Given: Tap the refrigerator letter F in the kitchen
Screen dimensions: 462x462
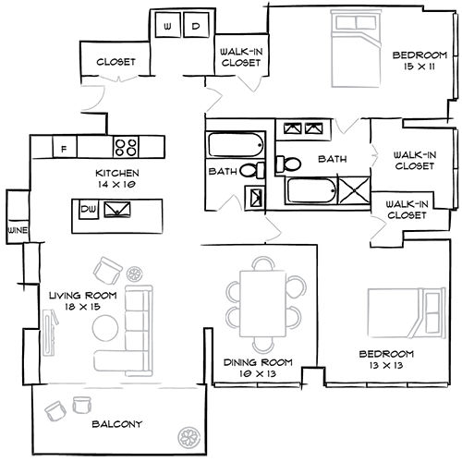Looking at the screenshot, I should coord(64,148).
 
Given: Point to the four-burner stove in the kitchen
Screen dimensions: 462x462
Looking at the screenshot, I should coord(126,146).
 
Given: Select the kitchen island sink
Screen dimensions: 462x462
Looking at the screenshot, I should coord(118,211).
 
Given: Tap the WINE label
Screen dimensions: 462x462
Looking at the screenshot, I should coord(16,228).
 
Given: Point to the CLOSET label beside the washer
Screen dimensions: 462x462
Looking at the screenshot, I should coord(115,62).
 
